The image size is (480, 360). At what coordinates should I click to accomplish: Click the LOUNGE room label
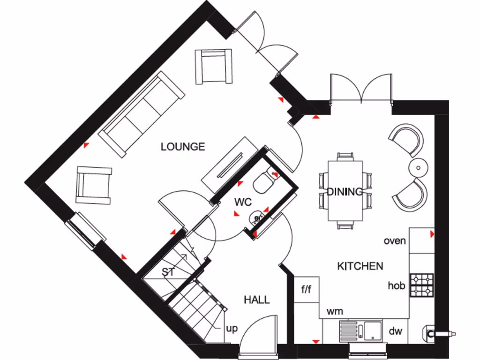[183, 147]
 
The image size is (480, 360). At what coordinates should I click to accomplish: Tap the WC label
[243, 202]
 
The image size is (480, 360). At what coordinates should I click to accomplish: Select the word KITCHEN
[360, 266]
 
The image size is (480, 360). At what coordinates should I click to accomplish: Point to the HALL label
[256, 300]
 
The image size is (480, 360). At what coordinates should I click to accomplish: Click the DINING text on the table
[345, 191]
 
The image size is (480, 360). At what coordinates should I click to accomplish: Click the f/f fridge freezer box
[306, 289]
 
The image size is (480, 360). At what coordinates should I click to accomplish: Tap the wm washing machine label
[334, 311]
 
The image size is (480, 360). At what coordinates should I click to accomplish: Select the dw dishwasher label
[395, 331]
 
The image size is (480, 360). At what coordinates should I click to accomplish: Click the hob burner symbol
[422, 285]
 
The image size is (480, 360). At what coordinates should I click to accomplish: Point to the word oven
[394, 241]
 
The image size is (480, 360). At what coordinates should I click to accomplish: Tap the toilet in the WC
[264, 182]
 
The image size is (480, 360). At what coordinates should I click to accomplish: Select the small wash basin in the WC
[255, 217]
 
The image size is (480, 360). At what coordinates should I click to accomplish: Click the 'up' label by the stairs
[232, 329]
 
